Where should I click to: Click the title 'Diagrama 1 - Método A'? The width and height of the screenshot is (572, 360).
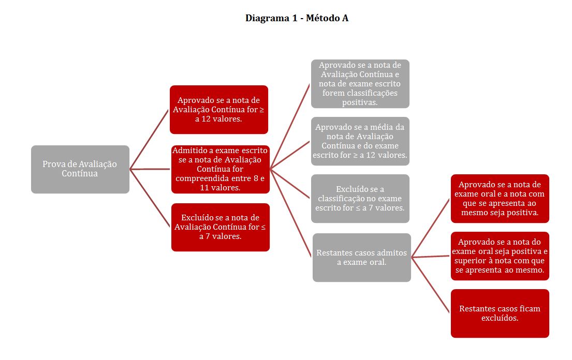[x=297, y=18]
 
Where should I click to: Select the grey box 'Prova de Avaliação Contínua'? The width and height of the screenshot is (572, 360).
[x=80, y=170]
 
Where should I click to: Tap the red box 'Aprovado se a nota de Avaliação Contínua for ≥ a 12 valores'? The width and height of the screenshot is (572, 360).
[x=219, y=110]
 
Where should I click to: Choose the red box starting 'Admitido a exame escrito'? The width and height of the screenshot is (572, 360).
[x=221, y=170]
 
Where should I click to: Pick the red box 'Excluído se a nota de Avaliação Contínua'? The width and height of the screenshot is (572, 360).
[x=221, y=228]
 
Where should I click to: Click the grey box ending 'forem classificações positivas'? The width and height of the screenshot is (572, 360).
[x=360, y=84]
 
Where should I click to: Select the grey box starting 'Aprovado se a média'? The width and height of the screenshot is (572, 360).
[x=360, y=141]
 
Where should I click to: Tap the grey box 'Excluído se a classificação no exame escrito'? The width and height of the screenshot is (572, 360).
[x=360, y=199]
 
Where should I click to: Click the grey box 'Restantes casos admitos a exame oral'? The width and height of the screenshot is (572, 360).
[x=361, y=258]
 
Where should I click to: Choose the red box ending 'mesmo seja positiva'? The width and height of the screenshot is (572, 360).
[x=500, y=199]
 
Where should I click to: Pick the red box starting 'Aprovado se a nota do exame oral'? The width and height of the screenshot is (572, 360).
[x=500, y=256]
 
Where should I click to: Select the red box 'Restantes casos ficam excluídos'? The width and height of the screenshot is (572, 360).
[x=500, y=313]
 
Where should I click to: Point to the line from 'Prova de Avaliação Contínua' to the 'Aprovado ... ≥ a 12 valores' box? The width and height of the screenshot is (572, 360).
[x=150, y=140]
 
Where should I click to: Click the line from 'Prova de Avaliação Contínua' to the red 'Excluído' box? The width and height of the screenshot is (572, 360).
[x=150, y=198]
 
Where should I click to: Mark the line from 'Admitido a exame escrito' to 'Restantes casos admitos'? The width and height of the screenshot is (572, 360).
[x=291, y=214]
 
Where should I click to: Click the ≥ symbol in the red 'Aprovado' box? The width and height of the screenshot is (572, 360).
[x=261, y=110]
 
